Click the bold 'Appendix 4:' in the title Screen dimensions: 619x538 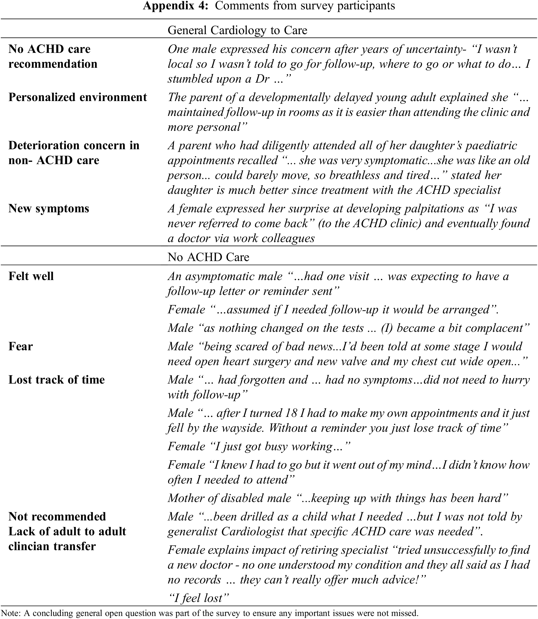(x=175, y=6)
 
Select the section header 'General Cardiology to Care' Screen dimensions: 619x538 (x=237, y=30)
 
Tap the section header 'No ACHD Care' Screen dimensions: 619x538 (x=208, y=257)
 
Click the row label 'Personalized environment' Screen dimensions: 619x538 (x=78, y=97)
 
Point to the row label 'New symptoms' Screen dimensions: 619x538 (x=49, y=208)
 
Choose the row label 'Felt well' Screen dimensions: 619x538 (x=31, y=276)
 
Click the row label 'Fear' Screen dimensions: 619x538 (x=20, y=346)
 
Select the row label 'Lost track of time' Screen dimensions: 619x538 (x=56, y=380)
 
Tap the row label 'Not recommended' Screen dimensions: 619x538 (x=57, y=517)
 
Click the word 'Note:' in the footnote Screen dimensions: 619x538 (x=11, y=613)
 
